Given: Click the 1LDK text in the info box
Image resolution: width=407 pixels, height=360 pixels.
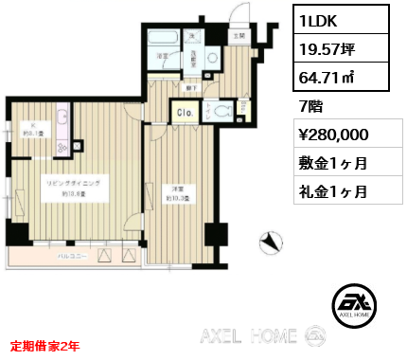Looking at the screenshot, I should (319, 19).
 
